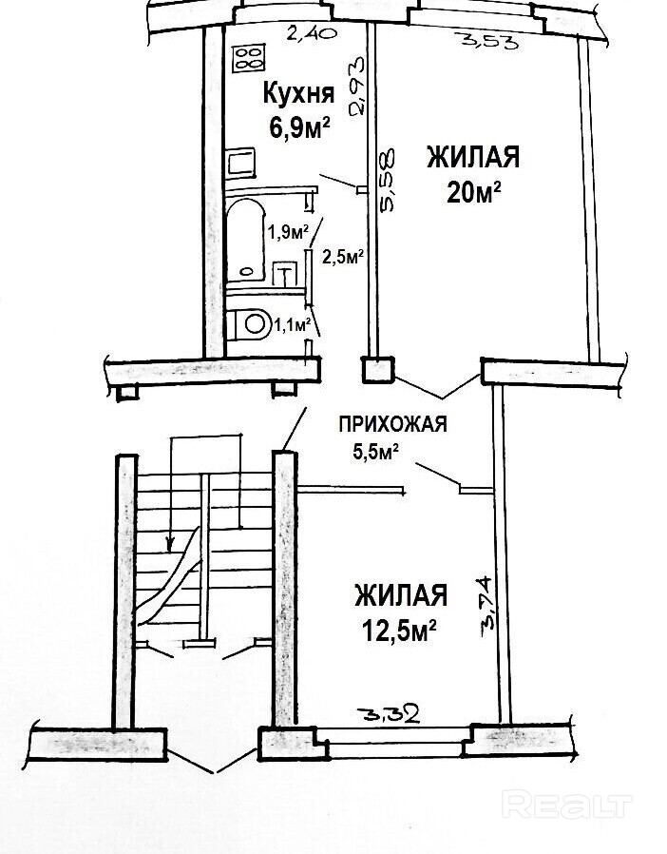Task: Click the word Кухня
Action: point(297,93)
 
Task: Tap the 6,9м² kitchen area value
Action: point(297,126)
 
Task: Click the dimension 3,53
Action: point(480,40)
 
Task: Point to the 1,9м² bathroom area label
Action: point(286,232)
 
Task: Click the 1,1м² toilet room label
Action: point(293,326)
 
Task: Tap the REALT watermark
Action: point(566,805)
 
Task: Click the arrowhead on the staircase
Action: point(170,545)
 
